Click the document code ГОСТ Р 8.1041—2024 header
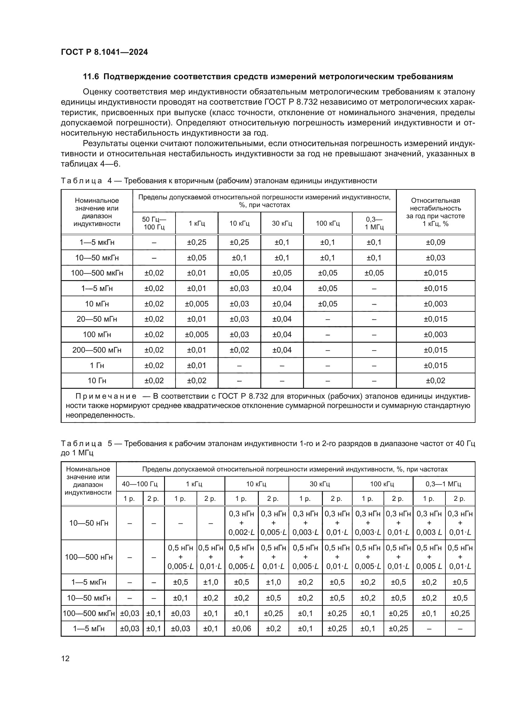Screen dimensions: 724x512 click(x=104, y=52)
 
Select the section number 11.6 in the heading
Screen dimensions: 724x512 click(x=91, y=77)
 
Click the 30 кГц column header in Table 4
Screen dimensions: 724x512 click(x=282, y=223)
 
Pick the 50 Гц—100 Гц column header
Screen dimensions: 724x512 click(x=154, y=223)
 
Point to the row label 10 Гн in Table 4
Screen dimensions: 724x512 click(x=97, y=381)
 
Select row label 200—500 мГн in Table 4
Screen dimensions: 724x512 click(x=97, y=350)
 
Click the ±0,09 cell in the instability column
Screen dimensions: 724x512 click(x=436, y=242)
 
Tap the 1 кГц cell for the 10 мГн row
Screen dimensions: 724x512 click(x=197, y=304)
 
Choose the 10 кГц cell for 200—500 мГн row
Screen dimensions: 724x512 click(x=239, y=350)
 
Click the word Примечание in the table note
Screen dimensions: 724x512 click(x=106, y=397)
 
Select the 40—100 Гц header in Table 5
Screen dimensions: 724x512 click(x=140, y=484)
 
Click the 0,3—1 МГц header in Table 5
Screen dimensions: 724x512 click(x=443, y=484)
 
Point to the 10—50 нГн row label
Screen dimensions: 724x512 click(x=89, y=523)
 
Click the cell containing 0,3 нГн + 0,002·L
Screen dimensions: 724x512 click(x=241, y=523)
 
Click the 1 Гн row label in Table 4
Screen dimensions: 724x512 click(x=97, y=365)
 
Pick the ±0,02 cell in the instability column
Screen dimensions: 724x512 click(x=436, y=381)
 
